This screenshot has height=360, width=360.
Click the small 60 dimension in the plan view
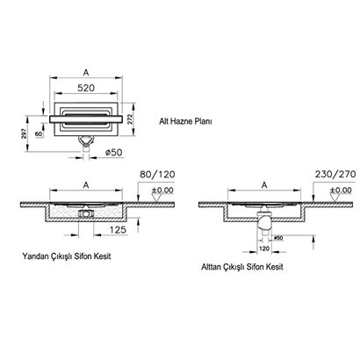[x=41, y=134]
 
